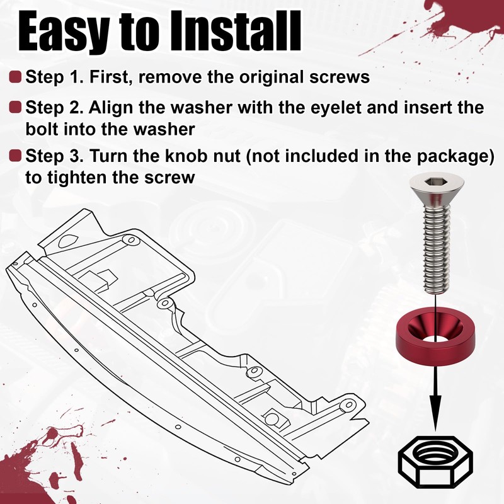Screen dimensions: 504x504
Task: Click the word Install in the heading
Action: pos(236,31)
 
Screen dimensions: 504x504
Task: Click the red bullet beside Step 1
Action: pos(15,77)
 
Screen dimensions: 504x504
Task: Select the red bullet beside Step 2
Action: pos(15,107)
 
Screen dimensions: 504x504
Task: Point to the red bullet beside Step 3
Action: pos(15,156)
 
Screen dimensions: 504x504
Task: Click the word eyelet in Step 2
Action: pos(336,108)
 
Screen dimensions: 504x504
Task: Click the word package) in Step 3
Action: pos(455,157)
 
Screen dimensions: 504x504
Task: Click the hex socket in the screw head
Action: pos(432,183)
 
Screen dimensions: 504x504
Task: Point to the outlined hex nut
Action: pos(435,462)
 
